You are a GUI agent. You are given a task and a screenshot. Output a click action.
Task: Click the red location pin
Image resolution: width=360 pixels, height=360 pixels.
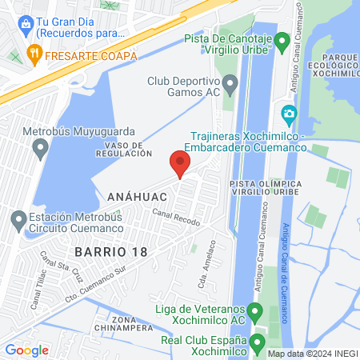coord(180,164)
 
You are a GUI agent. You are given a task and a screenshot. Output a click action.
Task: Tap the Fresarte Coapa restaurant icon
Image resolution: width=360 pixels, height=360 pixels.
coord(34,55)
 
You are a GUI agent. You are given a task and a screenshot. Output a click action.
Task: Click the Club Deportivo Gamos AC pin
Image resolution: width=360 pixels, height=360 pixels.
coord(230,83)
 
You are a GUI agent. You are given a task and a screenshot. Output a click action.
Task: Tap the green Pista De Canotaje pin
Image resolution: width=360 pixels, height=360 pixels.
coord(282,41)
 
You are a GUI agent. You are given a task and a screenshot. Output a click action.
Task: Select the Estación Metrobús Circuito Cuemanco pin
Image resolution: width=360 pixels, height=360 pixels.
coord(18,218)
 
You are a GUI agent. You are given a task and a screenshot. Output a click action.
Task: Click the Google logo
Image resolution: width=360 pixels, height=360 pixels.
coord(26,350)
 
